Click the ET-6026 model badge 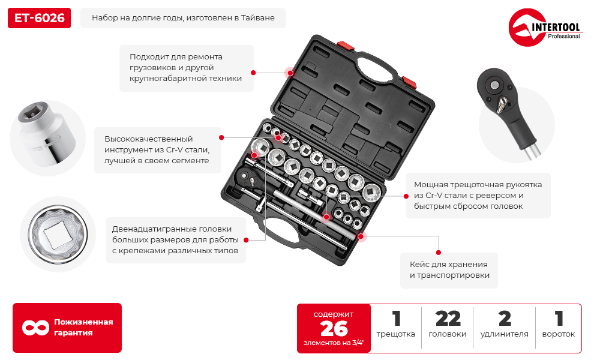[x=39, y=18]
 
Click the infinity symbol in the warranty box [x=35, y=328]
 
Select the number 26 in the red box [x=334, y=329]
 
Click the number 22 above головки [x=448, y=319]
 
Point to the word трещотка [x=395, y=334]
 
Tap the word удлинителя [x=504, y=334]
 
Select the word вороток [x=559, y=334]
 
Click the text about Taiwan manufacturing [x=183, y=18]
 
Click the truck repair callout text [x=185, y=68]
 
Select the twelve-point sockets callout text [x=176, y=240]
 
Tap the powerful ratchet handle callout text [x=478, y=195]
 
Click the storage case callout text [x=449, y=270]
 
